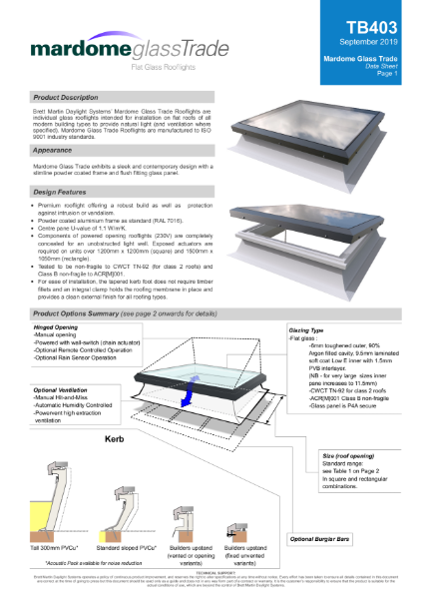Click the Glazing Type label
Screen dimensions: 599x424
click(308, 328)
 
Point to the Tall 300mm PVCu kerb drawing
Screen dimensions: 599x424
click(51, 499)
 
